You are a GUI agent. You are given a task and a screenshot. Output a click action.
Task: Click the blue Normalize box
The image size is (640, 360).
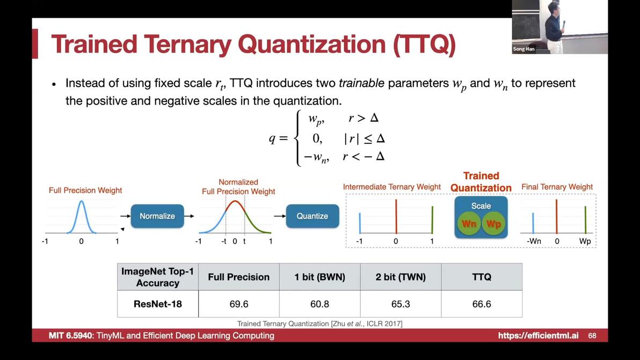coord(157,216)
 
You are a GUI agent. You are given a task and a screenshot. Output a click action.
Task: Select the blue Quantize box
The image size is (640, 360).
coord(312,216)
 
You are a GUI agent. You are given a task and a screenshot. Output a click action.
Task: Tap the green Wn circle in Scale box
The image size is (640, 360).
coord(469,224)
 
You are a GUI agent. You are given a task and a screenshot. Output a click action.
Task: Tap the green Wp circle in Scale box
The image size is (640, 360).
coord(493,224)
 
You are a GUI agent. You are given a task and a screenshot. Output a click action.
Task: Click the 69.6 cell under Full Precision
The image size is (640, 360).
coord(239,304)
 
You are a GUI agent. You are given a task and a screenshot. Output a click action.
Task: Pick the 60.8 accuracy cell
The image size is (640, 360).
coord(319,304)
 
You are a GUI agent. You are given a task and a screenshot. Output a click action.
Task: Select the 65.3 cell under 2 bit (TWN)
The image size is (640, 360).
coord(401,304)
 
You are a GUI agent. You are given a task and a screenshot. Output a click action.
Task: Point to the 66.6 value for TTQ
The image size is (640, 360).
coord(482,304)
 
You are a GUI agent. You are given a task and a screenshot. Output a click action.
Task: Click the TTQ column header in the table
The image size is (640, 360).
coord(482,277)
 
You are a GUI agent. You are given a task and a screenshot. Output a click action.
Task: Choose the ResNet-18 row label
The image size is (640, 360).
coord(157,304)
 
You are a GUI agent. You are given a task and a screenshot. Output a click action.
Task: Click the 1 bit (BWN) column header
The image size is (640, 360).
coord(319,277)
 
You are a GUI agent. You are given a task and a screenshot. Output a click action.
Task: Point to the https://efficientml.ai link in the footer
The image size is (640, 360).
coord(538,335)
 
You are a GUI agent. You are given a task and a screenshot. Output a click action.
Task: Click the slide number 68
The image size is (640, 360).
coord(592,335)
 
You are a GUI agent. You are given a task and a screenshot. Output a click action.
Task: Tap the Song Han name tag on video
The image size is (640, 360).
coord(523,49)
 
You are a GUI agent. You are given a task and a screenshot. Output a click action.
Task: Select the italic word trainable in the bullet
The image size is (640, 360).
coord(361,83)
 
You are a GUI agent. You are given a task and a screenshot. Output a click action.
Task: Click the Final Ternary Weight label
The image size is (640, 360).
coord(557,187)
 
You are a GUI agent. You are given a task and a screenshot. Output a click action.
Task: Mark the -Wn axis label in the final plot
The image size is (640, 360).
coord(534,241)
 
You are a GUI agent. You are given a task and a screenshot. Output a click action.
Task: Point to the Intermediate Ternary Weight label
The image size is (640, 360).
coord(392,187)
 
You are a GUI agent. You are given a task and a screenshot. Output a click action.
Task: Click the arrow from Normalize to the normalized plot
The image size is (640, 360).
coord(189,216)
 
